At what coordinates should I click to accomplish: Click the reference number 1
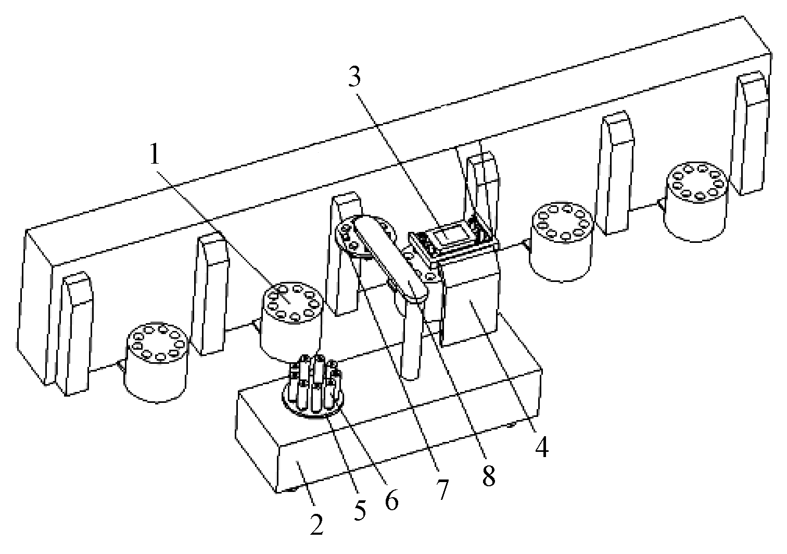tap(155, 155)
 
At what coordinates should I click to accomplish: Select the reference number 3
tap(354, 76)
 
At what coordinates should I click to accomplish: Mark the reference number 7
tap(442, 489)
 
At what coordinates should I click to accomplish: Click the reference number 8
tap(489, 475)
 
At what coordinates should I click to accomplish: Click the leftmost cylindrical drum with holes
tap(157, 362)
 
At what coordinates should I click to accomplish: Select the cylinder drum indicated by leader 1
tap(291, 322)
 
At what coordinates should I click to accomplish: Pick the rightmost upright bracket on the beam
tap(751, 133)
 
